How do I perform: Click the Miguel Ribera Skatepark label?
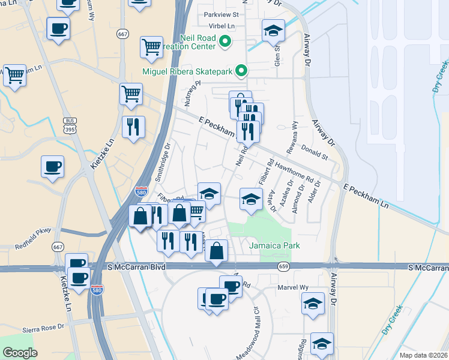click(187, 72)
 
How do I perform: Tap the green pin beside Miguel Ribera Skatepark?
click(241, 71)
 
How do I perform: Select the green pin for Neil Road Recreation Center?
click(225, 42)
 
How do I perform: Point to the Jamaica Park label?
click(274, 245)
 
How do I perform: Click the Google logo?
click(20, 352)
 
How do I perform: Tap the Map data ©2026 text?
click(423, 355)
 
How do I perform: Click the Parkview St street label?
click(221, 14)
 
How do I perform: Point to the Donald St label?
click(315, 152)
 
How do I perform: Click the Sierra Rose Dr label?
click(43, 328)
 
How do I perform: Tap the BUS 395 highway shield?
click(69, 125)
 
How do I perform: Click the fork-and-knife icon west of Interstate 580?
click(133, 127)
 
